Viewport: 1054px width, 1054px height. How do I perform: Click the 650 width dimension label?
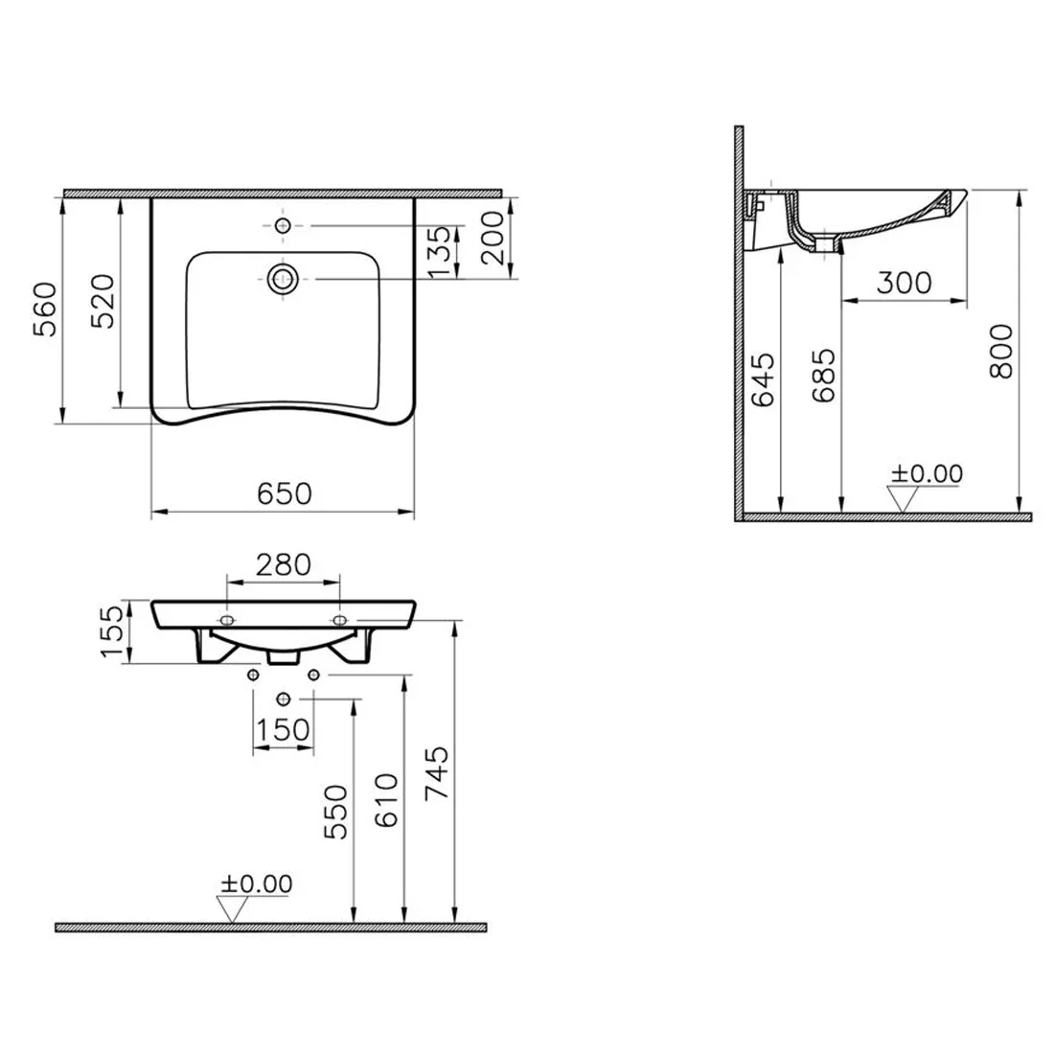point(285,494)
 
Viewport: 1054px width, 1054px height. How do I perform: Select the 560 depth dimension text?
point(46,309)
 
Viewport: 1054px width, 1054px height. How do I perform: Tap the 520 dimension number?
point(103,301)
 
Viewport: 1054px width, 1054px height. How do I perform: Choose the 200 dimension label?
point(493,238)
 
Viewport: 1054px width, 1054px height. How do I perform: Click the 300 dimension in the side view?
point(905,283)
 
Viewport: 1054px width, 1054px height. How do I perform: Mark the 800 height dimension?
point(1001,351)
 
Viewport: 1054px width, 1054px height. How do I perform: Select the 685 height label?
point(823,375)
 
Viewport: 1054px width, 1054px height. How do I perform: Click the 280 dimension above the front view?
point(284,564)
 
